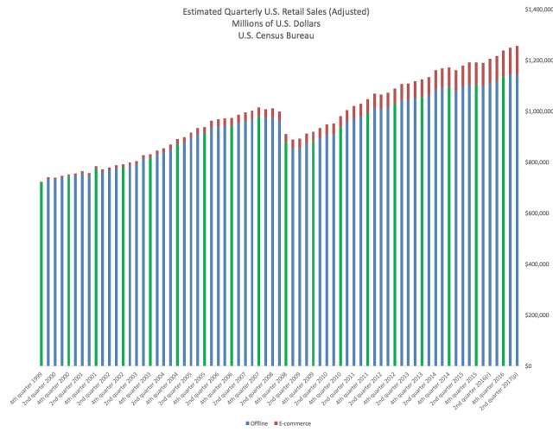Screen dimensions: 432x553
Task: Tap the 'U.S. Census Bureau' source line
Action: click(276, 36)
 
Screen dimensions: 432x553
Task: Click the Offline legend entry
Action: click(260, 422)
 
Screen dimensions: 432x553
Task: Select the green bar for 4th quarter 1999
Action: click(41, 276)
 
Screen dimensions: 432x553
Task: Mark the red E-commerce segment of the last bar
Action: click(517, 60)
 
